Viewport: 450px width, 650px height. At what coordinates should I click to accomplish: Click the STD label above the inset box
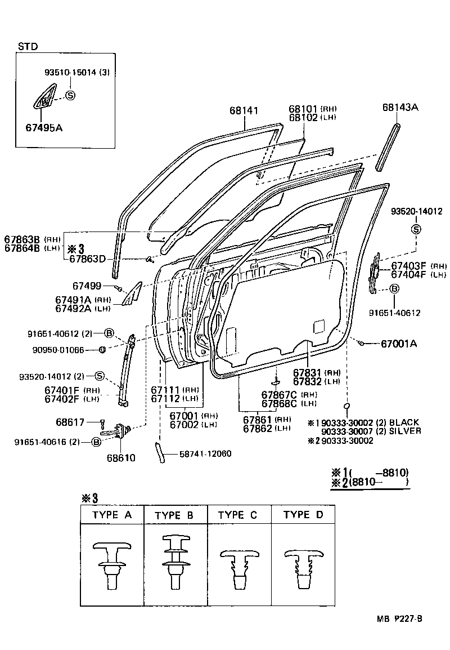point(28,46)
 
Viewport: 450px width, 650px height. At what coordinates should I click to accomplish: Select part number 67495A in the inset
point(44,128)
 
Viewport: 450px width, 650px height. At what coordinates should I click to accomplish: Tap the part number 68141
point(244,110)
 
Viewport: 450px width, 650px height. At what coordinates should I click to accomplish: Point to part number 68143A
point(400,107)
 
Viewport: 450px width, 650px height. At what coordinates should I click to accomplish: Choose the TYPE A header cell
point(112,515)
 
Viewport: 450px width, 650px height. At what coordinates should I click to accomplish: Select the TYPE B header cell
point(175,515)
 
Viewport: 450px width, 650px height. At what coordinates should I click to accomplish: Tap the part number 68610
point(120,458)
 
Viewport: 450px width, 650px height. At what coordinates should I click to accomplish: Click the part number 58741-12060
point(205,453)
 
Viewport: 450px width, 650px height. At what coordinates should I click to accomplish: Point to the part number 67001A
point(399,343)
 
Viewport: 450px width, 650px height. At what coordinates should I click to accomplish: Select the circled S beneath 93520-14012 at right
point(416,229)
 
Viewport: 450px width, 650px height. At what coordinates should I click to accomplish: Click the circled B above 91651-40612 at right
point(394,289)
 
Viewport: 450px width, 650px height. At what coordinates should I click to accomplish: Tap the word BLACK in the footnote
point(404,422)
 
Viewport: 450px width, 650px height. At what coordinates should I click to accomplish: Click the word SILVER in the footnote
point(405,431)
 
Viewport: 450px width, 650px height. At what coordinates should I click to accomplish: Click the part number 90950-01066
point(59,350)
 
